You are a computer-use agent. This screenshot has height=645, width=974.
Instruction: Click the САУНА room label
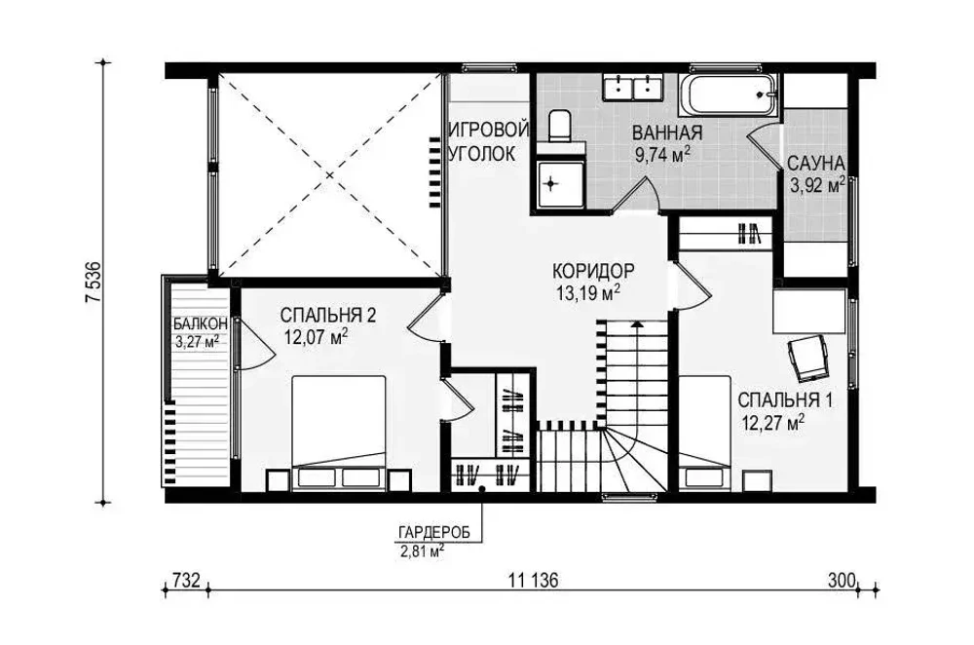point(815,164)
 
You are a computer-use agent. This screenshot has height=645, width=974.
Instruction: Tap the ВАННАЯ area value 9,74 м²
point(664,155)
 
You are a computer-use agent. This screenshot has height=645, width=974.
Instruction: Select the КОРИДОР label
point(592,271)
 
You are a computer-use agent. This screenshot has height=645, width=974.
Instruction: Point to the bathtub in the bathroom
point(728,95)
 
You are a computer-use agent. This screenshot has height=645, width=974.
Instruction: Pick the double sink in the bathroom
point(633,87)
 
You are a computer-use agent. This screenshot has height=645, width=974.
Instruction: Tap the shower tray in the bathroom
point(561,184)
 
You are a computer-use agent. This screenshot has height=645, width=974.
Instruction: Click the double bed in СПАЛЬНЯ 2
point(339,433)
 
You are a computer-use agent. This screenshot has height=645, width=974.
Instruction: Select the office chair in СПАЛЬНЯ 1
point(808,358)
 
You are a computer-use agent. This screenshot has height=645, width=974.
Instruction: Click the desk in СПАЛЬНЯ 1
point(809,311)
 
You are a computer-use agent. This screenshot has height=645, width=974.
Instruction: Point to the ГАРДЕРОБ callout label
point(433,533)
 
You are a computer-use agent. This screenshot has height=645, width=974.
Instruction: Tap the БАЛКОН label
point(200,323)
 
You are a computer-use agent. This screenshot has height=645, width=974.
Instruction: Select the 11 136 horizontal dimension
point(533,581)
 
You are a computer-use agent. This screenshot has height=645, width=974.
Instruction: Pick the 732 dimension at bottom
point(186,581)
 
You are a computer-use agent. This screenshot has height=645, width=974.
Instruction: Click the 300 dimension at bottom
point(842,581)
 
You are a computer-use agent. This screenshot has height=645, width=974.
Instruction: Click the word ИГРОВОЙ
point(489,130)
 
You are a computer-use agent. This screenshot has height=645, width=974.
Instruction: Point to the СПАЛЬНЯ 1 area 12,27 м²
point(773,423)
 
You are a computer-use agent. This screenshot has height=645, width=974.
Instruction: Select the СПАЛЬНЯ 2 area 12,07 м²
point(316,337)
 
